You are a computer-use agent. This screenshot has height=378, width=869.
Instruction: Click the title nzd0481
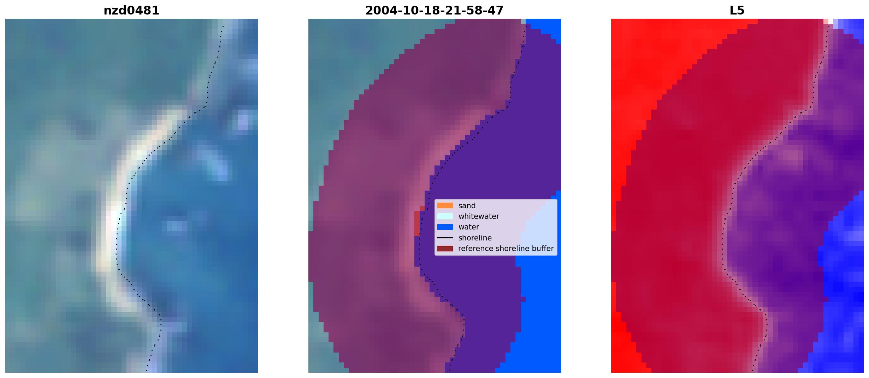click(131, 11)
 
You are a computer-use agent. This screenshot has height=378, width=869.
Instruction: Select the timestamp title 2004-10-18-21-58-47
click(434, 11)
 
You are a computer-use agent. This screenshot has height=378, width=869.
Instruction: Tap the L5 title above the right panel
click(737, 11)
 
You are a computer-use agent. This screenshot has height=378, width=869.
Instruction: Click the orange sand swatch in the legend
click(445, 205)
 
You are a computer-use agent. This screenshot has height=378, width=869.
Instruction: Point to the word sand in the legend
click(467, 206)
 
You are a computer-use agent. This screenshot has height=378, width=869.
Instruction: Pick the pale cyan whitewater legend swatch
click(445, 216)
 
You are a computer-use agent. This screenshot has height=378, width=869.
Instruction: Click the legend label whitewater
click(479, 216)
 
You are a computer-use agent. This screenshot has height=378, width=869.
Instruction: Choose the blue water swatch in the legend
click(445, 227)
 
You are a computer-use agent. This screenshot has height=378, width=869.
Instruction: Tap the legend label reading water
click(469, 227)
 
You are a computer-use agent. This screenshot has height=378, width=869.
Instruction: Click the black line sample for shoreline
click(445, 238)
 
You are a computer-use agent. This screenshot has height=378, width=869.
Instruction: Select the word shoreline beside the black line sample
click(475, 238)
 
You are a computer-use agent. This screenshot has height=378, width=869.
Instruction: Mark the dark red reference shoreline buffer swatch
click(445, 249)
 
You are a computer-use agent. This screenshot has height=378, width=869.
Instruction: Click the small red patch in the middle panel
click(418, 222)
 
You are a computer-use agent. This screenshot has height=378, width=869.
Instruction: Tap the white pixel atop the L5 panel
click(831, 21)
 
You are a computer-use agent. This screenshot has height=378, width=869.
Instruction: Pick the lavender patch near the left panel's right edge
click(243, 120)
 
